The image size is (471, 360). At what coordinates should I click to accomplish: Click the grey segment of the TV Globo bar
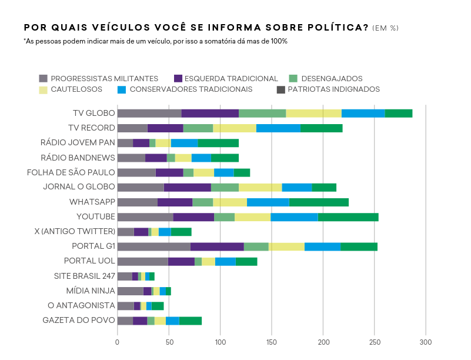click(149, 114)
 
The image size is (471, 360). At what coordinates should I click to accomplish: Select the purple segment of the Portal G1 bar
click(217, 246)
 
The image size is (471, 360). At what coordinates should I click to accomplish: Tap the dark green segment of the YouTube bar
click(348, 217)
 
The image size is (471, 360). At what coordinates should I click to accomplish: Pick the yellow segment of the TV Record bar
click(235, 128)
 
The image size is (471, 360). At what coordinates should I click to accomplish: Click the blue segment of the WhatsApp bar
click(268, 202)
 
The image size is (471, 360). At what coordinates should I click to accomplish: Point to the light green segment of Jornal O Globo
click(225, 188)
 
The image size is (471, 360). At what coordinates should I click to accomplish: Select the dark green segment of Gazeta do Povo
click(191, 321)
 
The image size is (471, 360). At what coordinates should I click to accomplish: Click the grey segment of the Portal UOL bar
click(142, 262)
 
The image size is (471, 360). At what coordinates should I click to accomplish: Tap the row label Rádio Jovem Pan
click(78, 143)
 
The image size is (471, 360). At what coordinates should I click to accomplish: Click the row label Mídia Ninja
click(91, 291)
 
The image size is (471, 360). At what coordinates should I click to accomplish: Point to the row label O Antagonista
click(82, 305)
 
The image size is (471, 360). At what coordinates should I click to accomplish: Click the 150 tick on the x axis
click(272, 342)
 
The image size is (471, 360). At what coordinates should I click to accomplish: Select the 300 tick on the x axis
click(426, 342)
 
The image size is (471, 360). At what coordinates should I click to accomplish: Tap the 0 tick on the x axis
click(118, 342)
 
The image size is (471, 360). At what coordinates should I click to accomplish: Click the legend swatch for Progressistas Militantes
click(43, 79)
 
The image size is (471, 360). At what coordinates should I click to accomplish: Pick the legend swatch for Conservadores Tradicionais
click(122, 90)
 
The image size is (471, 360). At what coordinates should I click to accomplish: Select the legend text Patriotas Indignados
click(333, 89)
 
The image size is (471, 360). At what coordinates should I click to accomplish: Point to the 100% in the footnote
click(278, 41)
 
